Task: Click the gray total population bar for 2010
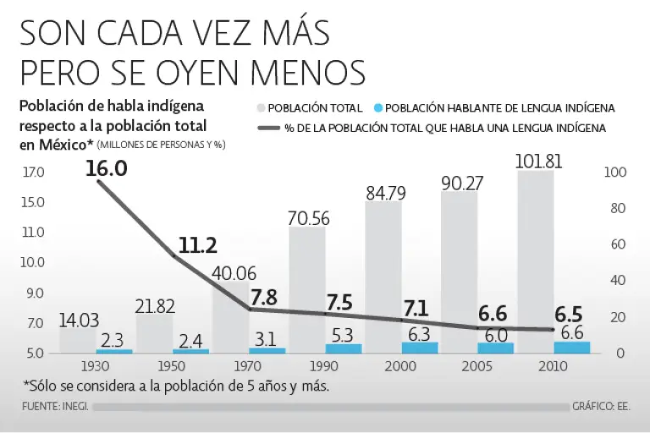(x=535, y=254)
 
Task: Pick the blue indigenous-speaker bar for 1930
(x=114, y=350)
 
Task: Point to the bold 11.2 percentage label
(x=198, y=245)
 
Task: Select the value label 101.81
(x=540, y=162)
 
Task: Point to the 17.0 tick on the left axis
(x=34, y=173)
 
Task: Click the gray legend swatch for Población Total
(x=261, y=108)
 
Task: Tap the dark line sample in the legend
(x=267, y=128)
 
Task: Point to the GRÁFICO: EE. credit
(x=603, y=407)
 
